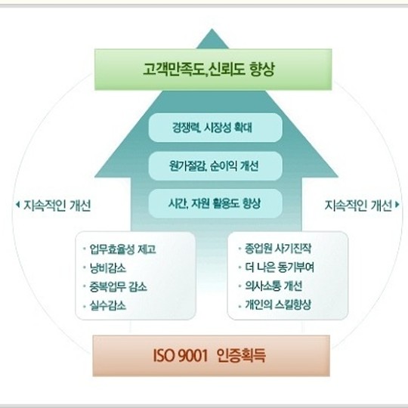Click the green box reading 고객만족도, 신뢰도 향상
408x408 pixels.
pos(213,70)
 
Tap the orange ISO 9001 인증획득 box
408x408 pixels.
pos(212,356)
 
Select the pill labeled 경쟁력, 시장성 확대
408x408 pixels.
pos(215,128)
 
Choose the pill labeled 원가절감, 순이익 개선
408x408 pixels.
pos(215,166)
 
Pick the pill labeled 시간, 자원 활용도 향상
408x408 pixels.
pos(215,203)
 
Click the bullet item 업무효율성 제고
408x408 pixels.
pos(122,249)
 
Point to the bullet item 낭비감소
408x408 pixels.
pos(108,268)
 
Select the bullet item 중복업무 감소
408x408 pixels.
pos(118,287)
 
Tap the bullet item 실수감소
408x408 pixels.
pos(108,305)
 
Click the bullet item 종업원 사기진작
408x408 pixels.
pos(278,249)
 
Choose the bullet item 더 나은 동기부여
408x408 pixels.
pos(280,267)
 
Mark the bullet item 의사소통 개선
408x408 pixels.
pos(274,286)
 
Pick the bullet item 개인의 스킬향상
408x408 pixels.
pos(278,304)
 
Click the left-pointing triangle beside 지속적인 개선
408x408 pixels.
pos(17,205)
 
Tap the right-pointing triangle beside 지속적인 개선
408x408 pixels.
pos(397,205)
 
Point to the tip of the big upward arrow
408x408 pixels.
pos(212,29)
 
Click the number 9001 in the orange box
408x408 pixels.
pos(193,356)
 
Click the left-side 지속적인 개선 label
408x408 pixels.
pos(57,206)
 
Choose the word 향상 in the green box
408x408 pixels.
pos(261,70)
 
